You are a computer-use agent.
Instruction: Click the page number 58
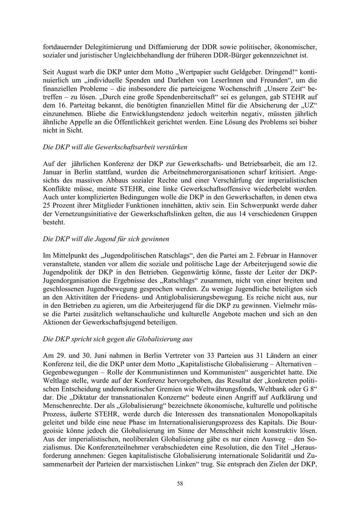[180, 484]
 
